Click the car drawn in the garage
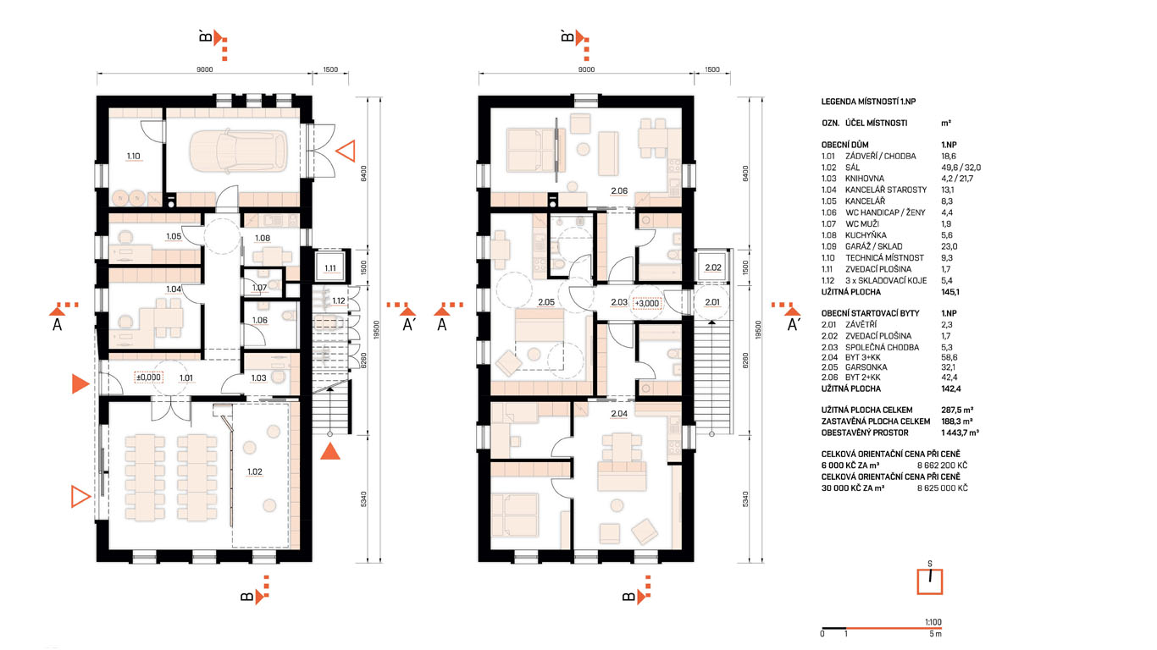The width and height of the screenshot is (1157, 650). [238, 151]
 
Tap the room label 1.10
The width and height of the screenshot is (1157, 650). [133, 156]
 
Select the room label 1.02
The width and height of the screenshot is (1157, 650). [255, 472]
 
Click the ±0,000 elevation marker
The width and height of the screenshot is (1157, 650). [148, 377]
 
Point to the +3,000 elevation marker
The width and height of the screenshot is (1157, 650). [646, 303]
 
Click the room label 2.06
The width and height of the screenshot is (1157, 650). [619, 191]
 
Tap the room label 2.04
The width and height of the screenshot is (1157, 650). [619, 414]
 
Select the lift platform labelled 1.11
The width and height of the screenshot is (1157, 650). [330, 267]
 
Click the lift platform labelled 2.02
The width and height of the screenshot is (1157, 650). [713, 267]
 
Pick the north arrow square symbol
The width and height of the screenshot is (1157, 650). [930, 581]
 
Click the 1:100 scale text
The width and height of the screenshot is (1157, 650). [933, 622]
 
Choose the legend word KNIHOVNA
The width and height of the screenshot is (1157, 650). [865, 179]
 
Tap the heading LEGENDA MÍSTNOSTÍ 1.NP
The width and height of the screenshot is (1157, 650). [868, 102]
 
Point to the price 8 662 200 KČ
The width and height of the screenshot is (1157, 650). [942, 465]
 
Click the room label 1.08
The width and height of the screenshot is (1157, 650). [263, 238]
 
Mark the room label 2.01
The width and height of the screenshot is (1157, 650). [712, 302]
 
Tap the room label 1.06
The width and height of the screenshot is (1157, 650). [260, 320]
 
